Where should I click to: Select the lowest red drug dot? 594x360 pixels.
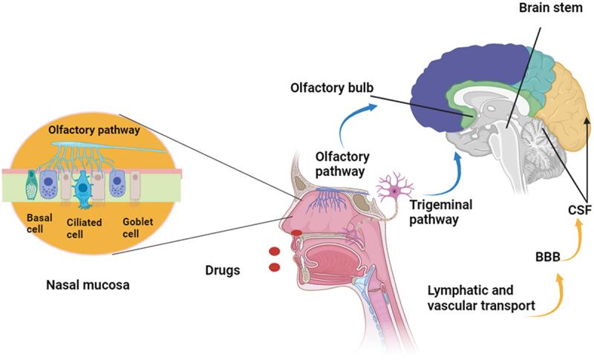click(x=274, y=266)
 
